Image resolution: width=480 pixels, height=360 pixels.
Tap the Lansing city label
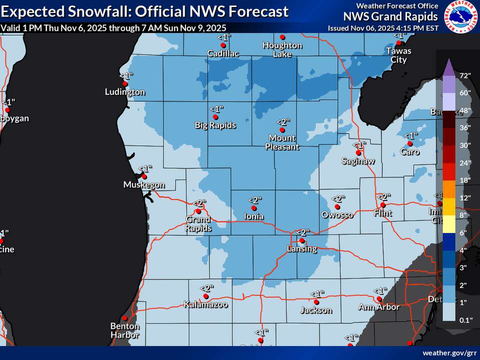point(301,248)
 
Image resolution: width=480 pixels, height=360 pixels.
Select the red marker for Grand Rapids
point(198,211)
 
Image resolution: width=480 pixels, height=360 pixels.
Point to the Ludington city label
point(125,92)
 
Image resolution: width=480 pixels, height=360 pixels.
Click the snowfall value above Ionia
point(253,200)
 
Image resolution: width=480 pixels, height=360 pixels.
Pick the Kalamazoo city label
point(205,304)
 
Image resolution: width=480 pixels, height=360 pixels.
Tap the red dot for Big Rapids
point(215,117)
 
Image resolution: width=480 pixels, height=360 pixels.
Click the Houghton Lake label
point(282,49)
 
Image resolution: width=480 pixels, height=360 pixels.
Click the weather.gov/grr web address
point(449,353)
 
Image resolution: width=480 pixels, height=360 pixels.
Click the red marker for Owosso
point(337,206)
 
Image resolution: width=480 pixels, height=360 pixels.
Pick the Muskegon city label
point(144,185)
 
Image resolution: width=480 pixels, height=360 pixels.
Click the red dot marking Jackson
point(316,302)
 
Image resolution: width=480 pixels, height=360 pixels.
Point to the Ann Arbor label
point(379,307)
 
